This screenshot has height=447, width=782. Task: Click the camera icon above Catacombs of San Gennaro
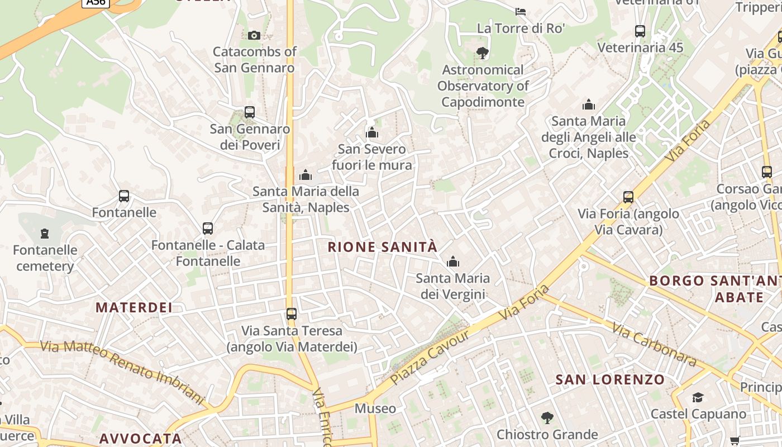point(254,36)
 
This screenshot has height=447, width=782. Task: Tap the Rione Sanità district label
point(382,247)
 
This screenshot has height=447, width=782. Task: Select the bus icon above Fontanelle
point(124,196)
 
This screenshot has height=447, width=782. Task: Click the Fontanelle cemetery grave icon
point(45,234)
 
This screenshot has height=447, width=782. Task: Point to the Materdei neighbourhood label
point(134,307)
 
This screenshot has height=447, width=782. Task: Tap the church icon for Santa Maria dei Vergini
point(452,261)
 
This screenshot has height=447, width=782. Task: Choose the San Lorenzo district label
point(610,380)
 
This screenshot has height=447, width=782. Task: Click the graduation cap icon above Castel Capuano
point(698,397)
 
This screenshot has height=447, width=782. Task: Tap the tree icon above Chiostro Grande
point(547,417)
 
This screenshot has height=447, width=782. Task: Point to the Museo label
point(375,409)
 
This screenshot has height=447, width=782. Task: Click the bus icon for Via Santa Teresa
point(291,314)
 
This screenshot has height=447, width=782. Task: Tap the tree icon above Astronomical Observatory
point(483,53)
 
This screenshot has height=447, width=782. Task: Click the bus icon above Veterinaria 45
point(640,31)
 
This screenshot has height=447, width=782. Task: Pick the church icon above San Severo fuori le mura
point(371,132)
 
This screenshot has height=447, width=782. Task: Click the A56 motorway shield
point(96,2)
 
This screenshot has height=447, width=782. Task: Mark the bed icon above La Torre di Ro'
point(521,11)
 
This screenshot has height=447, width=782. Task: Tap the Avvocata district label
point(141,439)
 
